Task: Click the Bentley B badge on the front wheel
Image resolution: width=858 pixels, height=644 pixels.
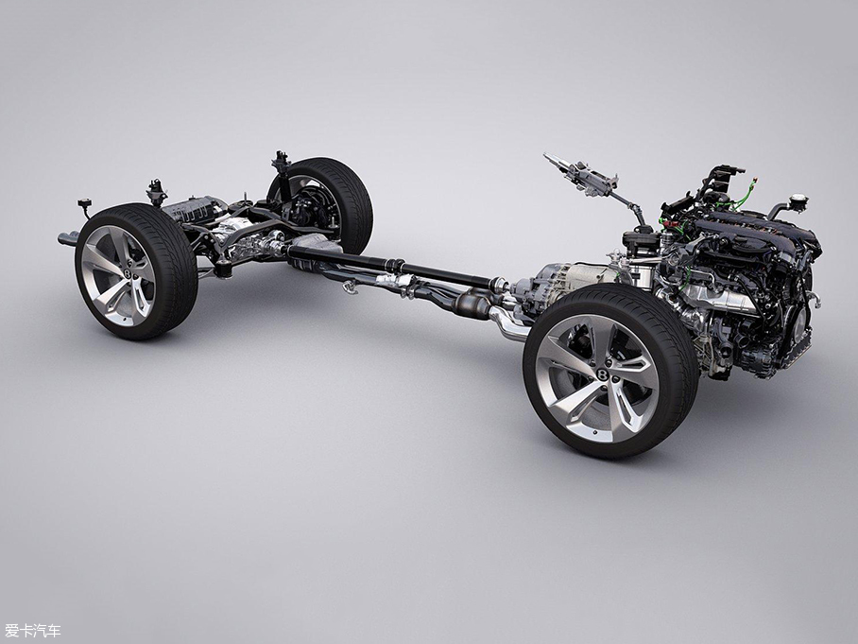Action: pyautogui.click(x=603, y=374)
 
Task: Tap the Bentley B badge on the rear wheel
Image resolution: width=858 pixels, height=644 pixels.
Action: pyautogui.click(x=128, y=272)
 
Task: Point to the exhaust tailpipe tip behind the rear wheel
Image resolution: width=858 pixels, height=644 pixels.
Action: pyautogui.click(x=67, y=238)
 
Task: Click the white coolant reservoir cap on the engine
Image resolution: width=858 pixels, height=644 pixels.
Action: pyautogui.click(x=798, y=200)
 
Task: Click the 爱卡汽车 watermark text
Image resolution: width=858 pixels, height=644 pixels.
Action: pyautogui.click(x=33, y=631)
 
